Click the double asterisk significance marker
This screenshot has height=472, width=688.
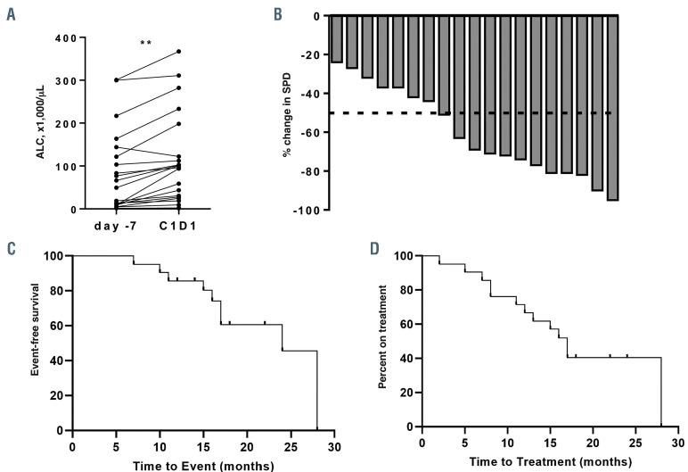(145, 43)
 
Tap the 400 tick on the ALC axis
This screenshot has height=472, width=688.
(65, 37)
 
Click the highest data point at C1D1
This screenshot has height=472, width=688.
(178, 52)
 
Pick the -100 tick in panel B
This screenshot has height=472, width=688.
(311, 210)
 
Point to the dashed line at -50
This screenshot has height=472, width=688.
(472, 112)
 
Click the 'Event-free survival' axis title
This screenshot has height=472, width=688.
(36, 344)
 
